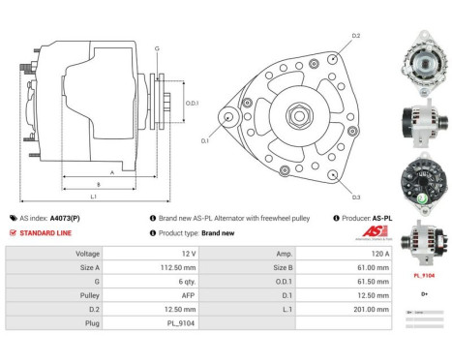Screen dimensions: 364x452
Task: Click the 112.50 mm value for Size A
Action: coord(149,266)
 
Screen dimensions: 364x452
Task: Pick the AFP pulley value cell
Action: coord(149,294)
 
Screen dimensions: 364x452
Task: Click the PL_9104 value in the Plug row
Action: coord(149,322)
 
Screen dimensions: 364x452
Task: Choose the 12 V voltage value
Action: coord(149,252)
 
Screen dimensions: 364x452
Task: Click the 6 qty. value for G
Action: coord(149,280)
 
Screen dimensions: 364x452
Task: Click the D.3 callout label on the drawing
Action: coord(355,197)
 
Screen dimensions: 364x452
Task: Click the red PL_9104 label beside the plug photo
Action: coord(422,275)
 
